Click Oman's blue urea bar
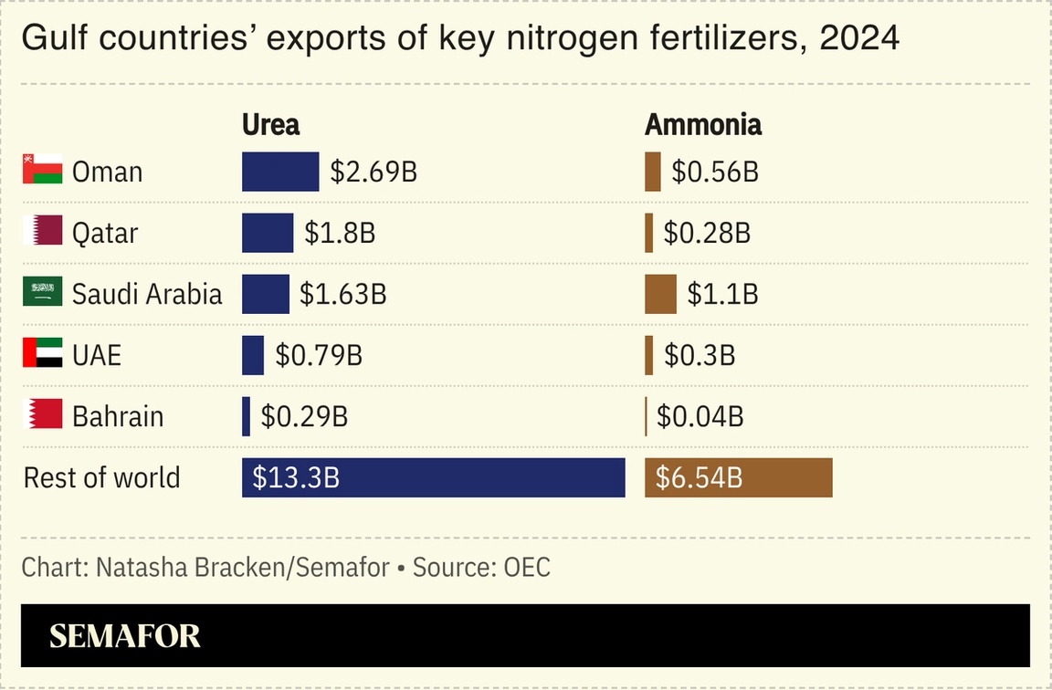click(280, 172)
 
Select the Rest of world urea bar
click(433, 477)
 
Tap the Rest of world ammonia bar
click(738, 477)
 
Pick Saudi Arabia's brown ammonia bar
click(660, 294)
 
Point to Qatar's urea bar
click(268, 233)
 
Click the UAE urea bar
click(253, 355)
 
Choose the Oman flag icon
click(42, 172)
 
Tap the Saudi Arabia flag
click(42, 294)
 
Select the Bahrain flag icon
click(42, 416)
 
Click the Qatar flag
click(42, 233)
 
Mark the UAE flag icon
click(42, 355)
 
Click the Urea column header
click(270, 124)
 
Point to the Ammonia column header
click(703, 124)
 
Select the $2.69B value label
click(373, 172)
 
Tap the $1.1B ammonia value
click(722, 294)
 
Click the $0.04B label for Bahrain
click(700, 417)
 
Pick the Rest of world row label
click(101, 477)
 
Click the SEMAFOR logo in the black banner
click(124, 636)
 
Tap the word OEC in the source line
click(527, 567)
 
